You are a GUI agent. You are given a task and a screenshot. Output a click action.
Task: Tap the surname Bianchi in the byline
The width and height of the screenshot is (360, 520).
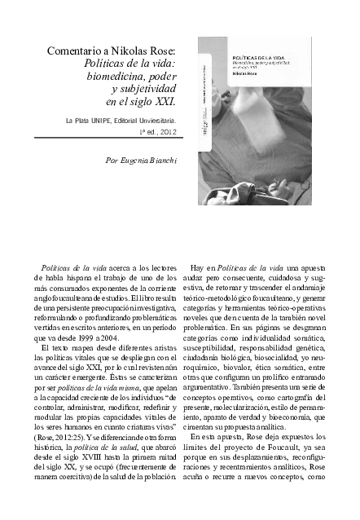pos(164,161)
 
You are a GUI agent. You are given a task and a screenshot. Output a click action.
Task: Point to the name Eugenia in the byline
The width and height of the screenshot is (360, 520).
pos(133,161)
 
